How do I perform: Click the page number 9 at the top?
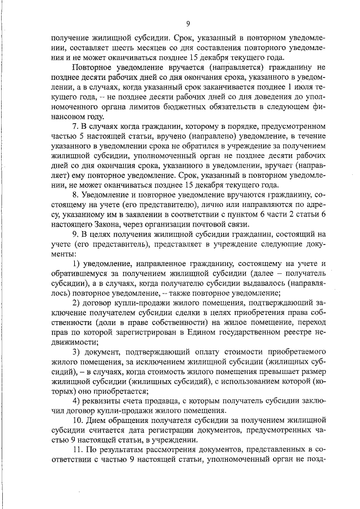(x=188, y=23)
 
